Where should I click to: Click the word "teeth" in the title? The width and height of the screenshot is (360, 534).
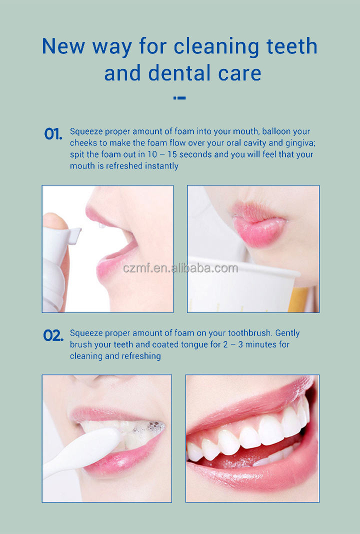pos(292,46)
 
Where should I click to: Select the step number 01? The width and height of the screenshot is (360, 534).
pos(53,134)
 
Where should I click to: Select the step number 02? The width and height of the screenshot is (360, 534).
pos(53,335)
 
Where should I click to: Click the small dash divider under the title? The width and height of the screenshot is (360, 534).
pos(179,98)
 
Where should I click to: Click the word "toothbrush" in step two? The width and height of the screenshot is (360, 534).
pos(250,333)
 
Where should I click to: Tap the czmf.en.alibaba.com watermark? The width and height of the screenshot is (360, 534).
pos(180,268)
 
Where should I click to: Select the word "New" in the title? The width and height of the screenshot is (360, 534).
pos(63,46)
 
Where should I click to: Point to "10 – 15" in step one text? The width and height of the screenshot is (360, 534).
pos(162,154)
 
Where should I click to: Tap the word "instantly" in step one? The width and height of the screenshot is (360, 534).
pos(161,166)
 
